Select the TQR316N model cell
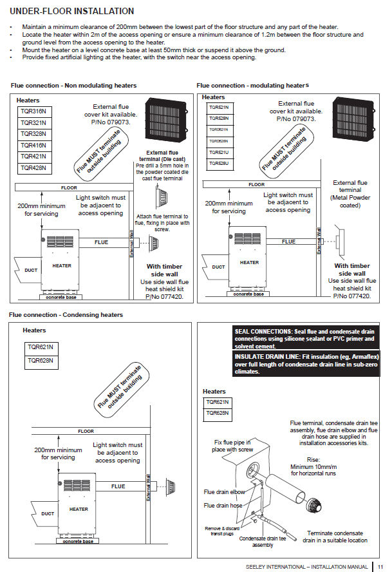[x=33, y=111]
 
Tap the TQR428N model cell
[x=33, y=168]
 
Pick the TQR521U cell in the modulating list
[x=218, y=153]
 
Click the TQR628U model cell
[x=218, y=164]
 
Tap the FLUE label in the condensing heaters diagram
[x=118, y=486]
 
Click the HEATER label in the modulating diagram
[x=249, y=263]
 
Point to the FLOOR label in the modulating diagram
[x=256, y=185]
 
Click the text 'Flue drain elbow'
[x=224, y=492]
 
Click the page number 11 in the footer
[x=380, y=566]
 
